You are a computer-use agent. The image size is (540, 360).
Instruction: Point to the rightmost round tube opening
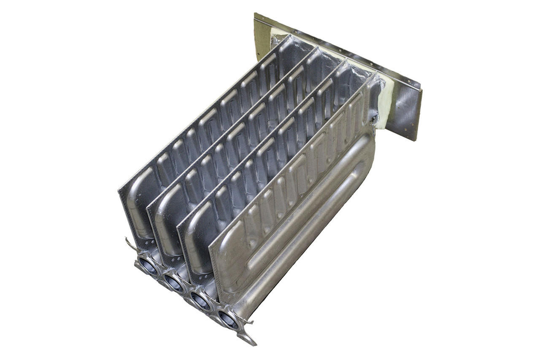(229, 319)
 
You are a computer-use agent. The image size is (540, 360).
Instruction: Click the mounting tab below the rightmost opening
(247, 339)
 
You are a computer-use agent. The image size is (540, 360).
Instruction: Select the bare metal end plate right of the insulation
(407, 114)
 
